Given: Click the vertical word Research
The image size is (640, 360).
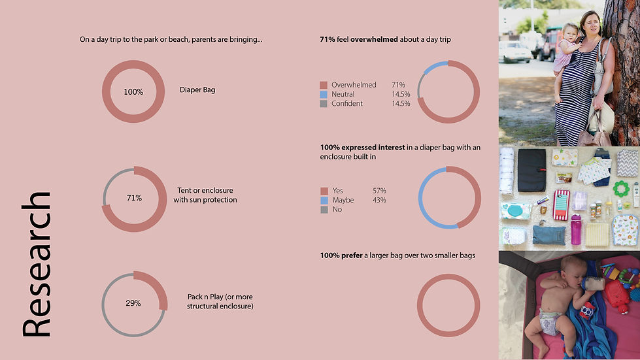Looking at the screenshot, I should (37, 265).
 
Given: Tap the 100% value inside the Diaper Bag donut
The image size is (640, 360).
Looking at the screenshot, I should (133, 92).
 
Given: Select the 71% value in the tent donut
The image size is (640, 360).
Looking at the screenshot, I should (133, 197).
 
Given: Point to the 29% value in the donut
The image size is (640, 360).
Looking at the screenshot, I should (133, 303).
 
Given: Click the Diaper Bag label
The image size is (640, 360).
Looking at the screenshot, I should (197, 90).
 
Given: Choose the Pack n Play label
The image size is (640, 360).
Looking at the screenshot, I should (220, 301).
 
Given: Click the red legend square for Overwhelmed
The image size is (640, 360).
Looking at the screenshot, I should (323, 85).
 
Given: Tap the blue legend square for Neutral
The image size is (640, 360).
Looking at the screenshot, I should (323, 94).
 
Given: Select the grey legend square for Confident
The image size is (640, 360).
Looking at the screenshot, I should (323, 103).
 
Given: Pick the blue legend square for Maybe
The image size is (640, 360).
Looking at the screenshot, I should (323, 200).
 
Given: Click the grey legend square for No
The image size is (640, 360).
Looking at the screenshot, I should (323, 209).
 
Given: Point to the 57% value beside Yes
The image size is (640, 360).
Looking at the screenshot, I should (379, 191).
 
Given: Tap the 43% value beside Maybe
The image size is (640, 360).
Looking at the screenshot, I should (379, 200).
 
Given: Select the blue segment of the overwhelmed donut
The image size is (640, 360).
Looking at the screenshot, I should (436, 64).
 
